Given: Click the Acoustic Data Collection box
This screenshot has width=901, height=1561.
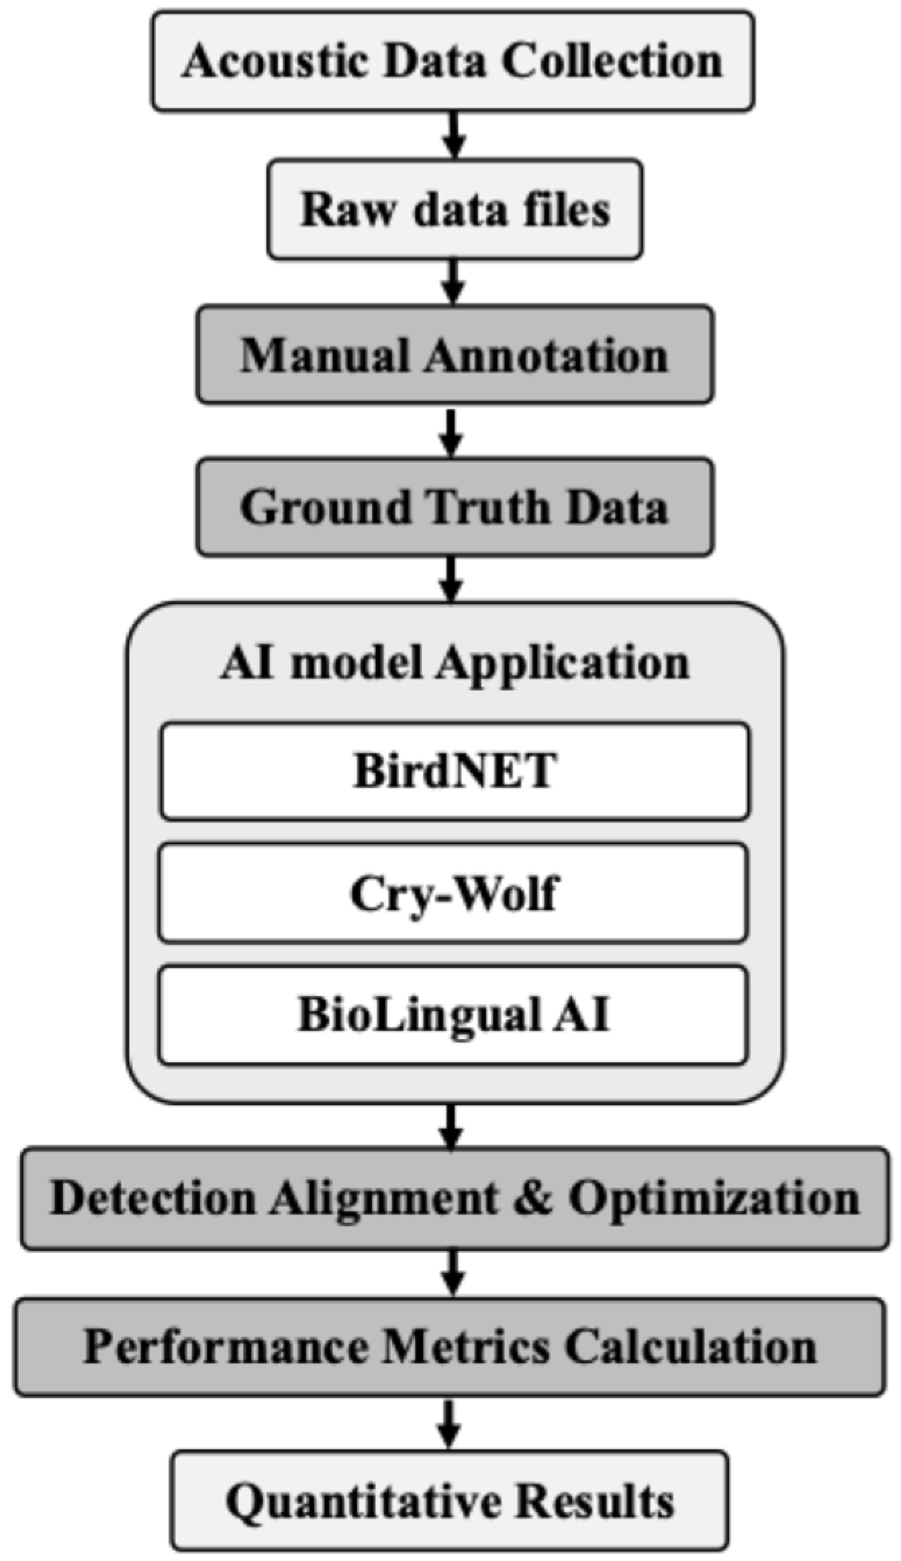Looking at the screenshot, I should [x=453, y=61].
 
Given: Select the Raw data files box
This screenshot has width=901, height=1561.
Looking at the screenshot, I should [x=455, y=209].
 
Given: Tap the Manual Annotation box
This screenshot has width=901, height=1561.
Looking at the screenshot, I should [x=455, y=355].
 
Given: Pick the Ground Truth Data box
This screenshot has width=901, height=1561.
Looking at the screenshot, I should [x=455, y=507].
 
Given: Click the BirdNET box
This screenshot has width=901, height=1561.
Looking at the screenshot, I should [x=455, y=770].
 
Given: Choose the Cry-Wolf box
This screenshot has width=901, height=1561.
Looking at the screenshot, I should [x=453, y=893].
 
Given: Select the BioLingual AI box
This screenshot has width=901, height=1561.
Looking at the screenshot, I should [x=453, y=1015].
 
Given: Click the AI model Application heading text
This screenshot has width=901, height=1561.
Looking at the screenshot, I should [x=455, y=664].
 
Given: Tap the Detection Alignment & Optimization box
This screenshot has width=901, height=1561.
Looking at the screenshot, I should [x=455, y=1198].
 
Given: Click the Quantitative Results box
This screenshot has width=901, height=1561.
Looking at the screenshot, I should [x=450, y=1500].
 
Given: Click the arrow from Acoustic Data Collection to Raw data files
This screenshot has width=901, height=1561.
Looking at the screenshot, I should [x=455, y=134].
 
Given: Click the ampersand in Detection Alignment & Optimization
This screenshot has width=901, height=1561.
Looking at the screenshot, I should [x=534, y=1198].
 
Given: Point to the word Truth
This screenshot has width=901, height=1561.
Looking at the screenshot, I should [x=487, y=507].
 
